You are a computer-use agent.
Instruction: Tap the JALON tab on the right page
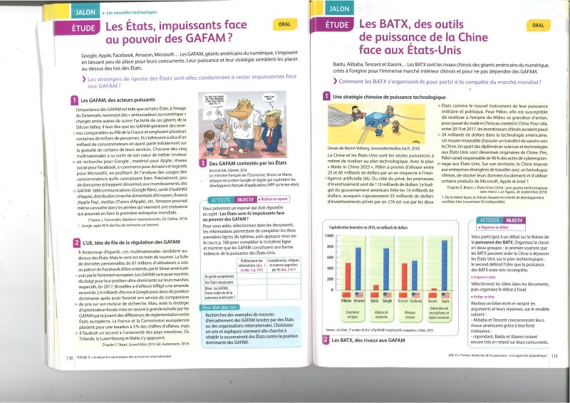point(339,9)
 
